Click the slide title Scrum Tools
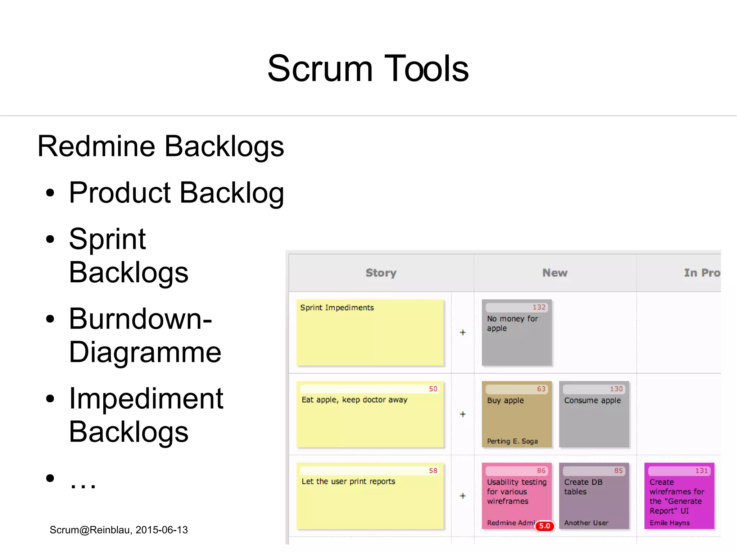pyautogui.click(x=368, y=68)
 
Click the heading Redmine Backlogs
pyautogui.click(x=160, y=146)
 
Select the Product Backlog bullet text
pyautogui.click(x=176, y=193)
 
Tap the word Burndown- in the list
pyautogui.click(x=140, y=319)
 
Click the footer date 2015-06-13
pyautogui.click(x=162, y=530)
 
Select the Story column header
pyautogui.click(x=381, y=273)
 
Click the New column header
pyautogui.click(x=555, y=273)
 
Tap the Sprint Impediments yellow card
pyautogui.click(x=370, y=333)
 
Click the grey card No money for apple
pyautogui.click(x=516, y=333)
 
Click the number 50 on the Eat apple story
pyautogui.click(x=433, y=389)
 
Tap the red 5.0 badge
pyautogui.click(x=544, y=526)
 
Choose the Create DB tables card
pyautogui.click(x=594, y=496)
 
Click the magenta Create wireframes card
pyautogui.click(x=679, y=496)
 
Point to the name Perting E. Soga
pyautogui.click(x=512, y=441)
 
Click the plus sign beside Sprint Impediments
pyautogui.click(x=463, y=333)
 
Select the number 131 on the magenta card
pyautogui.click(x=701, y=471)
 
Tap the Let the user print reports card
pyautogui.click(x=370, y=496)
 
